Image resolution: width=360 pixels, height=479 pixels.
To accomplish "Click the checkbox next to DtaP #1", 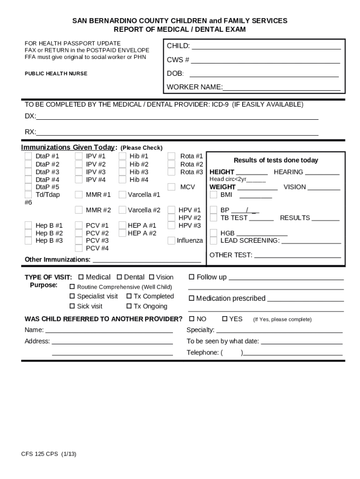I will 28,156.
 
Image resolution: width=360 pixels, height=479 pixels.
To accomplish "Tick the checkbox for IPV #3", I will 79,172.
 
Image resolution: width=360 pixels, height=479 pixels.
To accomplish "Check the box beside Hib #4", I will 122,179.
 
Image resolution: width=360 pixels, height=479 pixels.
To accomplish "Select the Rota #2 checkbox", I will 172,164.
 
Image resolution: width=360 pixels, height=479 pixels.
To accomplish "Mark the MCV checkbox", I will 172,187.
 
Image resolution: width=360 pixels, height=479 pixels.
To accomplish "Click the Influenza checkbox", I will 172,240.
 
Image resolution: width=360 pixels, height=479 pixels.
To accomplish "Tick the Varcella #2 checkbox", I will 122,210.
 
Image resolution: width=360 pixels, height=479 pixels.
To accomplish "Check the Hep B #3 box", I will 28,240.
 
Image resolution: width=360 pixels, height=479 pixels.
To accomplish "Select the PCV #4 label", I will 97,248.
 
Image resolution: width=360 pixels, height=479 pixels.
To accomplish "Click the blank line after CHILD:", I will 266,46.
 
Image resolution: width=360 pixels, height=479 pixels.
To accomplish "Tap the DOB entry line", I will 264,74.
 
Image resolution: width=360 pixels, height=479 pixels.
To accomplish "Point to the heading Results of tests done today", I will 276,160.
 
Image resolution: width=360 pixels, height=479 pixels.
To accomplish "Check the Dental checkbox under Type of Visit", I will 119,277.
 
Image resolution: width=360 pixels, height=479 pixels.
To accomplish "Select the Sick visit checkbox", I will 72,306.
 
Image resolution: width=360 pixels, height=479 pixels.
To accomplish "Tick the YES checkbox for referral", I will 224,319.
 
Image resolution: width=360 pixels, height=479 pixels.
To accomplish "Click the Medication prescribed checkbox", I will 191,299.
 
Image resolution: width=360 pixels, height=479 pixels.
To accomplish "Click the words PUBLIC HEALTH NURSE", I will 56,74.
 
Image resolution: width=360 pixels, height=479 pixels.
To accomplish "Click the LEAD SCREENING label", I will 250,240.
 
